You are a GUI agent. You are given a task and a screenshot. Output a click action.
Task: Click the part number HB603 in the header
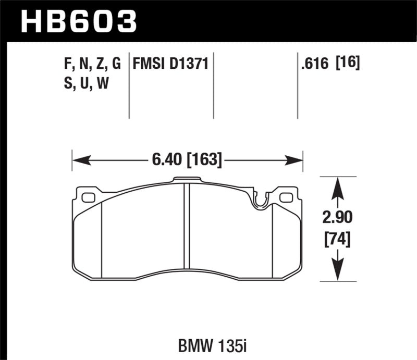point(78,21)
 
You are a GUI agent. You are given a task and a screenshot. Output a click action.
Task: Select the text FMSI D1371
point(171,64)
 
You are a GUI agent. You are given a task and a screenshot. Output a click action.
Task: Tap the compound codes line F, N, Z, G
point(92,64)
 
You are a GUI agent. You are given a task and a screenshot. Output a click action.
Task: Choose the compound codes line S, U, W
point(85,83)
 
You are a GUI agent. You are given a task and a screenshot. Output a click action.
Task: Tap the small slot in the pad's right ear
point(286,197)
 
